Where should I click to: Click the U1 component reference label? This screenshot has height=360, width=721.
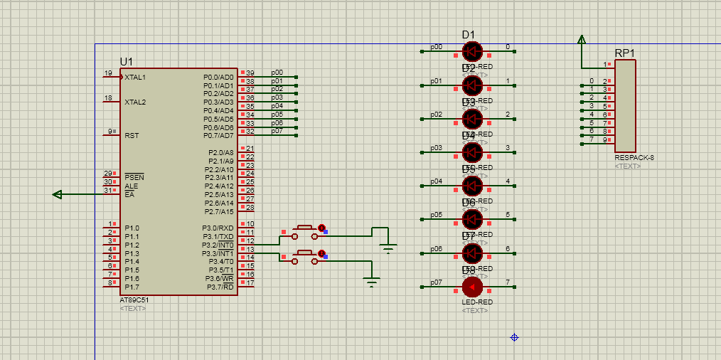tap(127, 62)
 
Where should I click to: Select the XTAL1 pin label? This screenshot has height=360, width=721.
tap(135, 77)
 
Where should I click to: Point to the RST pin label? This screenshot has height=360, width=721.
tap(132, 135)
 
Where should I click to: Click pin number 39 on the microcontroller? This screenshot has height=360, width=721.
tap(250, 73)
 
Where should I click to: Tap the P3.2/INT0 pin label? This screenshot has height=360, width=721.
tap(218, 245)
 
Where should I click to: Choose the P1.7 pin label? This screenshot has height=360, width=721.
tap(132, 287)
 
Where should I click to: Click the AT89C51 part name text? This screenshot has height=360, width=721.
tap(134, 300)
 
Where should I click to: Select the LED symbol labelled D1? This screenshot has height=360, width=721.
tap(472, 51)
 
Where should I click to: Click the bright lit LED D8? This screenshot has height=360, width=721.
tap(472, 287)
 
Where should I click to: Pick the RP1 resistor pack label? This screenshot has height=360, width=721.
tap(625, 53)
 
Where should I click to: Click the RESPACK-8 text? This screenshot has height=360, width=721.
tap(634, 158)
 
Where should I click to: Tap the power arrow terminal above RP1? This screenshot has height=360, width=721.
tap(582, 40)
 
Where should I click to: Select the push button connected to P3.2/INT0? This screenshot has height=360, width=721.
tap(306, 229)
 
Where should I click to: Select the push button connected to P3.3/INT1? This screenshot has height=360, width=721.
tap(306, 254)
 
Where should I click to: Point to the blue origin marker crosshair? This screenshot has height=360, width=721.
tap(514, 337)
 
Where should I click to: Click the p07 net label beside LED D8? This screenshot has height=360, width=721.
tap(436, 282)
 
